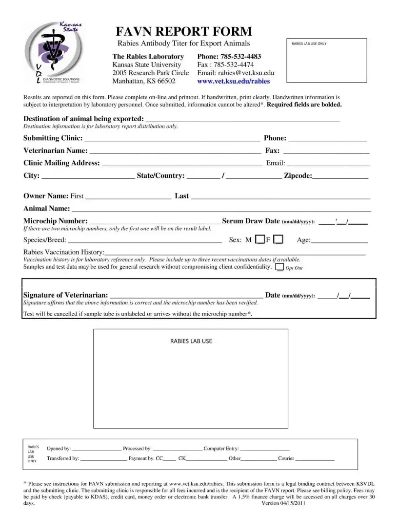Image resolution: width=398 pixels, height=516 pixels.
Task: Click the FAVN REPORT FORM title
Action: point(184,32)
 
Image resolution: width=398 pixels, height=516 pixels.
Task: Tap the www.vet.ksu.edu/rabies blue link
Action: point(233,81)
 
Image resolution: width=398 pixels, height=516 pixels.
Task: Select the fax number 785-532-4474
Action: point(232,64)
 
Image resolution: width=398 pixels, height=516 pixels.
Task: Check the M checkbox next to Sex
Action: point(260,239)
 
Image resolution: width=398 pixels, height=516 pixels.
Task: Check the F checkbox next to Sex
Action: point(278,239)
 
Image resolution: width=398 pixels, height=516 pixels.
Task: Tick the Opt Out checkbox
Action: point(280,267)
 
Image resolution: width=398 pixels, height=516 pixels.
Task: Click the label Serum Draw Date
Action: point(251,221)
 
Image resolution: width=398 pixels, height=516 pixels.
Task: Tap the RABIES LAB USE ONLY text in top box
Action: point(309,43)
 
